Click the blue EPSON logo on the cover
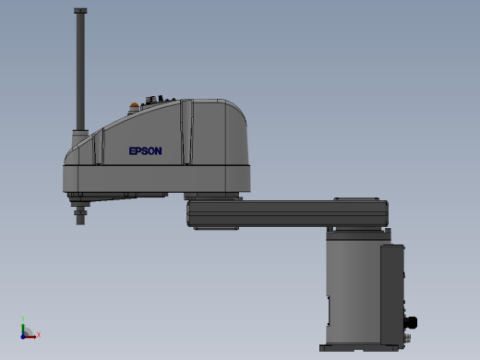pos(145,150)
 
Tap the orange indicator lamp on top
pos(134,105)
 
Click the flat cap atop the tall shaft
pos(80,11)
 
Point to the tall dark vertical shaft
pos(80,72)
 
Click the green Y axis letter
pos(23,318)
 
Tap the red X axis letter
pos(39,334)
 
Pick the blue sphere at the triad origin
pos(23,337)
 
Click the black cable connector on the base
pos(411,323)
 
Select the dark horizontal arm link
pos(288,213)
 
